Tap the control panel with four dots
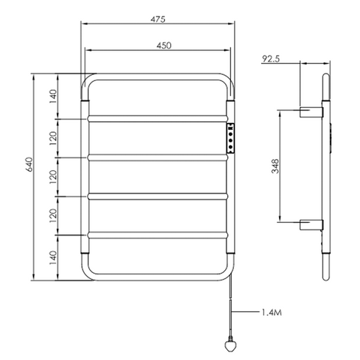click(x=231, y=137)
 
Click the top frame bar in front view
click(x=157, y=76)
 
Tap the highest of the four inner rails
click(x=157, y=118)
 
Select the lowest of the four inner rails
click(x=157, y=236)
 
